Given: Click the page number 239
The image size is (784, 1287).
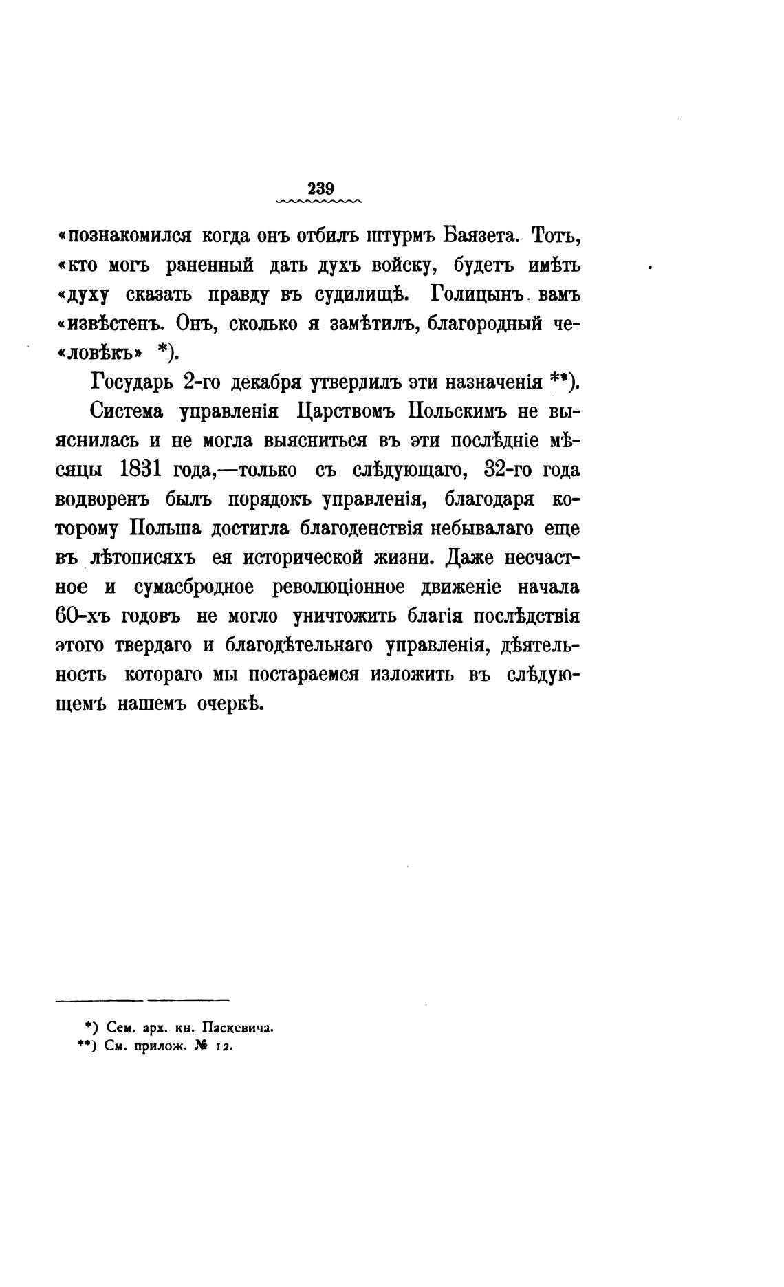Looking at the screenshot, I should coord(320,188).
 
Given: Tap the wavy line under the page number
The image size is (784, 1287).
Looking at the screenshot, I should coord(318,202).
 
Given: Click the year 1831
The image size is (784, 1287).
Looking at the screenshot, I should coord(140,470).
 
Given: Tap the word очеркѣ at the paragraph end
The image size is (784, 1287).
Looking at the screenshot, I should coord(226,704).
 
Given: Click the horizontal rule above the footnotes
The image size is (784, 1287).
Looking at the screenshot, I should coord(142,1000).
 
